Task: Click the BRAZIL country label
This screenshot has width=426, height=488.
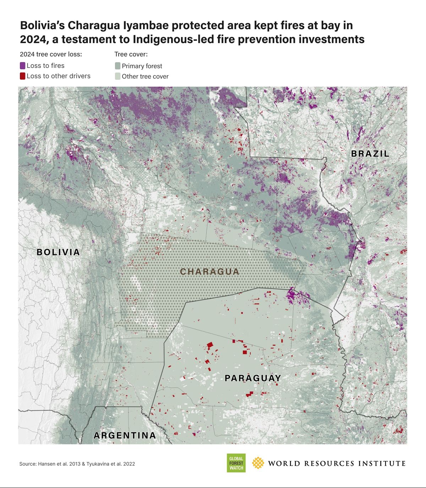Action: [370, 154]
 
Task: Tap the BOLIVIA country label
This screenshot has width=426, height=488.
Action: [58, 252]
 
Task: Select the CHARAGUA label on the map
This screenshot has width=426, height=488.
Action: [209, 272]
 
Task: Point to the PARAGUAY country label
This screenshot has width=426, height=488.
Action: [253, 378]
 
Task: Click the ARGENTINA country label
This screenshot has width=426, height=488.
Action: [125, 435]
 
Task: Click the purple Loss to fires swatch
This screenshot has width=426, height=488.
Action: [23, 66]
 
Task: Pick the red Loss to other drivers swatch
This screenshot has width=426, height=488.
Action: [23, 76]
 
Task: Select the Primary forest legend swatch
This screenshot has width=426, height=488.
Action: [118, 66]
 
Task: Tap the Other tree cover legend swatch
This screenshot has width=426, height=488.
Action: [118, 76]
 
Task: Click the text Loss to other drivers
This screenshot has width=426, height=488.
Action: [59, 76]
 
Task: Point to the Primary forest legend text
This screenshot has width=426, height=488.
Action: [142, 66]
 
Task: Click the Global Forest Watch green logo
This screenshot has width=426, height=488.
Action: [236, 463]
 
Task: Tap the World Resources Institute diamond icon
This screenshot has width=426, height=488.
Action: [258, 463]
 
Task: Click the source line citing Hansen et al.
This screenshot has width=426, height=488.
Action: [77, 464]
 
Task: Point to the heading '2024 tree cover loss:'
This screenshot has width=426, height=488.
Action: [51, 54]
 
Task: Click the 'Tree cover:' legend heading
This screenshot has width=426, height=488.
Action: [131, 54]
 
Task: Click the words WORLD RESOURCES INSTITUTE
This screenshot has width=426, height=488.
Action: [337, 463]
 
